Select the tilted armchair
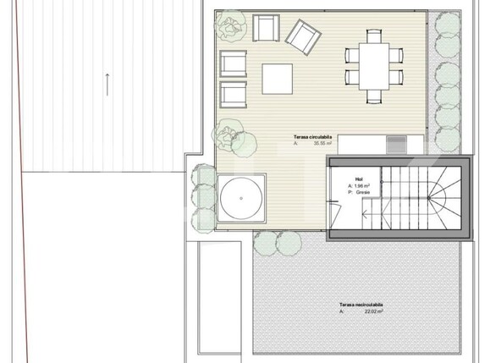(x=301, y=35)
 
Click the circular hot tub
(x=242, y=199)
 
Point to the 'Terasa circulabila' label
(x=312, y=135)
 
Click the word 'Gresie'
(x=366, y=193)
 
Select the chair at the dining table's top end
(x=372, y=36)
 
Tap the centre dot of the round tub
(x=242, y=199)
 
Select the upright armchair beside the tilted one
(x=264, y=29)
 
